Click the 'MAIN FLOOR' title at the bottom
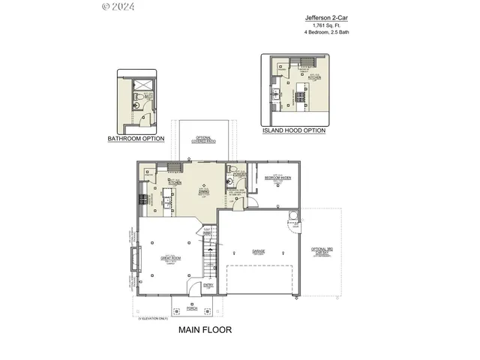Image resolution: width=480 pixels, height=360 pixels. [205, 329]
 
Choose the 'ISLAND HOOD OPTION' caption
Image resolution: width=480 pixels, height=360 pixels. [293, 130]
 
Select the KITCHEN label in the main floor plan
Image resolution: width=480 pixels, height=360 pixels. [175, 181]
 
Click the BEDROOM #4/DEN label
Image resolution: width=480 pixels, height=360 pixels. [277, 178]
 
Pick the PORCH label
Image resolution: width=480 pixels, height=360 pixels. [192, 308]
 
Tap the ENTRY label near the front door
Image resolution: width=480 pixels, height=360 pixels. [208, 284]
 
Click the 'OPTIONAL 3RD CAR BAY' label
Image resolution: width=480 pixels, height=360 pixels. [322, 253]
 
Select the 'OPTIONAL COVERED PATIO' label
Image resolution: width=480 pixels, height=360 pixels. [202, 139]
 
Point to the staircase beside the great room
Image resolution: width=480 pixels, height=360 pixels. [208, 255]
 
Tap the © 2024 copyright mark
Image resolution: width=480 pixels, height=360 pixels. [118, 7]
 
